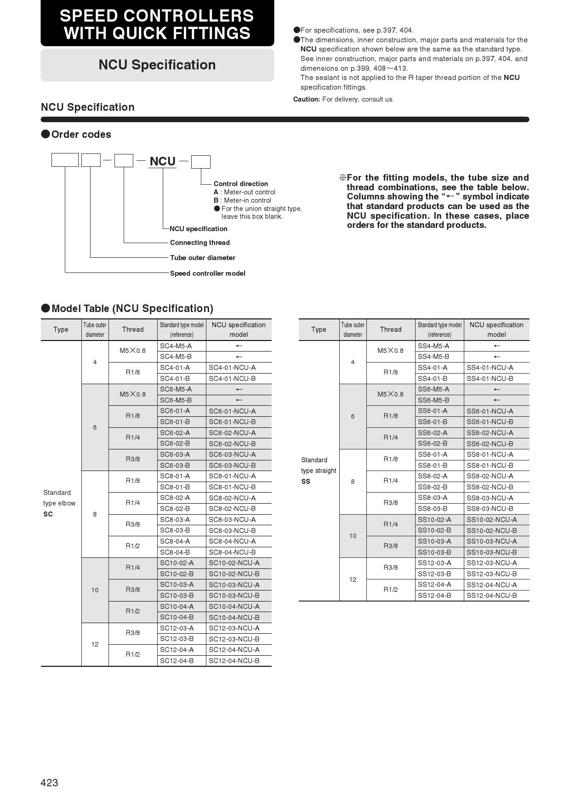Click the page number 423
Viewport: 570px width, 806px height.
[x=49, y=783]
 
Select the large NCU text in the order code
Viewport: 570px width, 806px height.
[x=163, y=161]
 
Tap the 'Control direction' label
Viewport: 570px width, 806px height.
[x=240, y=184]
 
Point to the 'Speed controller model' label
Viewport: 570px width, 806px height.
[x=207, y=273]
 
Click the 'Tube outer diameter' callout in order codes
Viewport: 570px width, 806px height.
[x=202, y=258]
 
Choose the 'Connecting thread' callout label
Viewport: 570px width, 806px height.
[x=199, y=243]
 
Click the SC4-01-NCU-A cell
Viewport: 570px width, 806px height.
[x=232, y=368]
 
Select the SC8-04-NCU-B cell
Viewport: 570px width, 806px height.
[x=232, y=552]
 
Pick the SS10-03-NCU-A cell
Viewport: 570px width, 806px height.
[x=491, y=541]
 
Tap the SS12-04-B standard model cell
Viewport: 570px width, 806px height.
[x=434, y=596]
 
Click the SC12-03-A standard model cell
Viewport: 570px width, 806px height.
[x=177, y=628]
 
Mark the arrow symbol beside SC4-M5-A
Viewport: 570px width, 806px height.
[x=239, y=346]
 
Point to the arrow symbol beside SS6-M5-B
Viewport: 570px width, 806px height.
[x=496, y=400]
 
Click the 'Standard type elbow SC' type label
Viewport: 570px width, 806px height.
[x=59, y=503]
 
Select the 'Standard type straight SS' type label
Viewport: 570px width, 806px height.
[x=319, y=471]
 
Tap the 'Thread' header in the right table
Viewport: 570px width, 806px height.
[x=390, y=329]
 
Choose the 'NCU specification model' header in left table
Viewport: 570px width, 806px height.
[x=239, y=329]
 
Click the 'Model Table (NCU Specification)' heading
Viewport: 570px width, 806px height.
[x=132, y=308]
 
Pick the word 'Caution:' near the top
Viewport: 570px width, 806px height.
[x=307, y=99]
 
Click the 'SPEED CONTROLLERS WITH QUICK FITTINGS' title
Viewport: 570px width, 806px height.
[x=157, y=24]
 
